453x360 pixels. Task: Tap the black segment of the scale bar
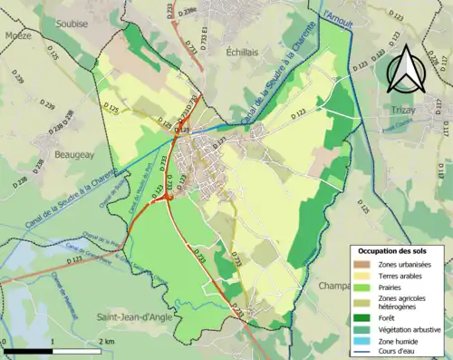coord(27,350)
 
